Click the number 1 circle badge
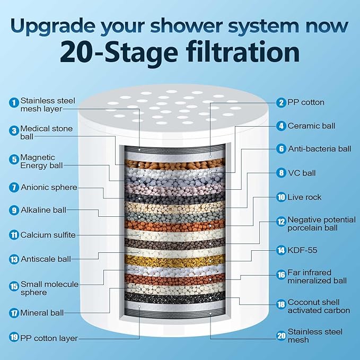click(x=13, y=102)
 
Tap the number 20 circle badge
click(x=281, y=336)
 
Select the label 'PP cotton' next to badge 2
click(x=306, y=102)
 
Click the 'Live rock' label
click(x=304, y=197)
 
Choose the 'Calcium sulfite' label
click(x=48, y=235)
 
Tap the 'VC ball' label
click(x=301, y=172)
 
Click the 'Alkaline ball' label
click(x=43, y=210)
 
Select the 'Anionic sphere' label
click(x=49, y=187)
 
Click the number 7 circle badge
click(x=13, y=187)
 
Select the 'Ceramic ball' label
click(x=311, y=126)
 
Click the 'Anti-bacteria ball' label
click(x=319, y=149)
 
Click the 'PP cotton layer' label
click(x=49, y=338)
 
